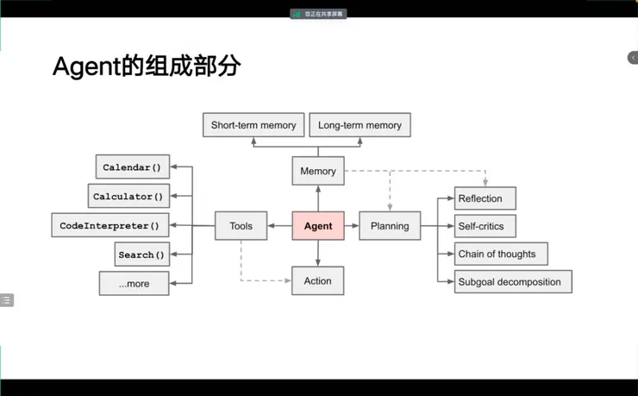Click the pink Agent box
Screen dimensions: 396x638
318,226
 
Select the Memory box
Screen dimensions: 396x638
318,171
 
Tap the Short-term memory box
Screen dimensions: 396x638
253,125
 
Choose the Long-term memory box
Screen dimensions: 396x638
360,125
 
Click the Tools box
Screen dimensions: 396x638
241,226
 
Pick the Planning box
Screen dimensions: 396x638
390,226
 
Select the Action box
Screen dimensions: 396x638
317,281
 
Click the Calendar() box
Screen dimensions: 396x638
132,167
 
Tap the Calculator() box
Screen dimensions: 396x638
128,197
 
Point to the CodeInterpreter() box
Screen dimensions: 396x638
109,226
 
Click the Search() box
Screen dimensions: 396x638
141,255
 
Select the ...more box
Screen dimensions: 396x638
134,283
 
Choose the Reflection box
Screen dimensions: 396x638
485,198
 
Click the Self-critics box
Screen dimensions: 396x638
485,226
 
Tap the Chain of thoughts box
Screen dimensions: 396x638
501,254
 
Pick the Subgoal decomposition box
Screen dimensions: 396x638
513,281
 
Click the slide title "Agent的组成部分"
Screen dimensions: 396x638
146,66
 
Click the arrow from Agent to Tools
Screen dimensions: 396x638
280,226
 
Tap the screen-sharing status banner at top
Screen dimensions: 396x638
319,14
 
